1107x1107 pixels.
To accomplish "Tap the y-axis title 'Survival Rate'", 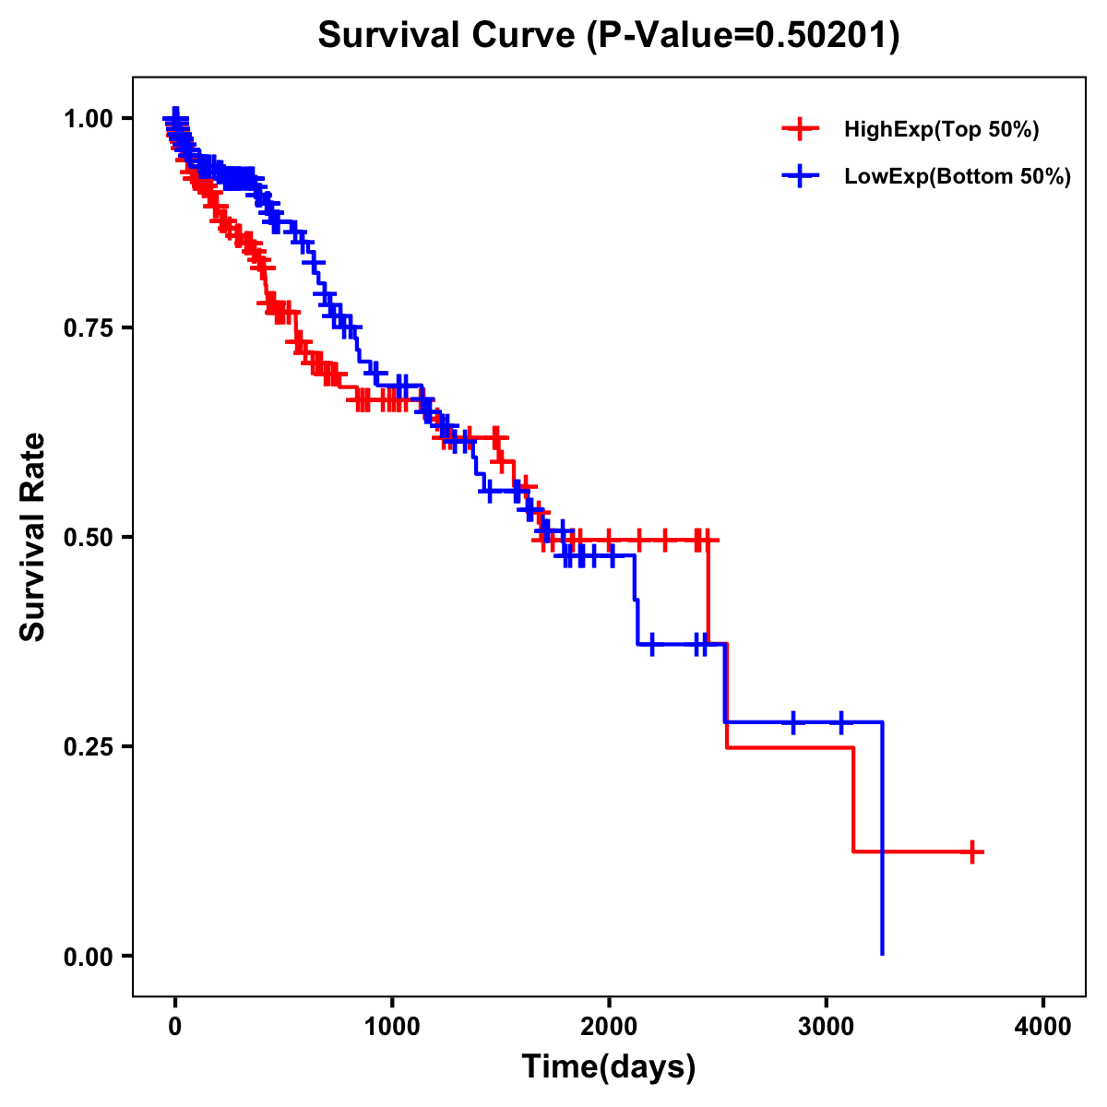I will click(x=33, y=537).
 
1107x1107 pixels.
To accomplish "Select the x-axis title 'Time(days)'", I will click(x=608, y=1066).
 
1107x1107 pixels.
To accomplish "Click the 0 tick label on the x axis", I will click(x=175, y=1026).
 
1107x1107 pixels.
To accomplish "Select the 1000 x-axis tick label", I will click(x=392, y=1026).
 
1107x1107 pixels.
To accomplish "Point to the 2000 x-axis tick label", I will click(x=609, y=1026).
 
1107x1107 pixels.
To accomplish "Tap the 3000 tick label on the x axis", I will click(x=826, y=1026).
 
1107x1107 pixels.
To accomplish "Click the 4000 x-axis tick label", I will click(x=1042, y=1026).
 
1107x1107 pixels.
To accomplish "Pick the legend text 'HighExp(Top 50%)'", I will click(x=941, y=130).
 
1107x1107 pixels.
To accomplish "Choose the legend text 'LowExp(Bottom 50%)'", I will click(x=958, y=176).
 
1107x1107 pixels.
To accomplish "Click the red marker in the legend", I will click(x=800, y=129).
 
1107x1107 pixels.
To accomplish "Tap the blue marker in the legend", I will click(x=800, y=175).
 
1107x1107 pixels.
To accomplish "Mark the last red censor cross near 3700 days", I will click(x=972, y=851).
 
